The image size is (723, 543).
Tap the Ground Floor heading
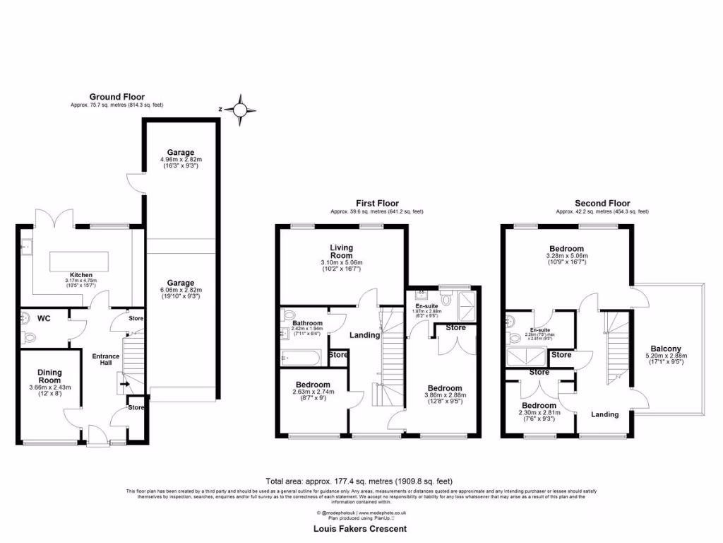(116, 97)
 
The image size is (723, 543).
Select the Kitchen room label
(81, 274)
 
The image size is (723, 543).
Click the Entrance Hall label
(105, 360)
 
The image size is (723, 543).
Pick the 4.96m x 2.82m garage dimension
(181, 160)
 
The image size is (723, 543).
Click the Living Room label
(341, 252)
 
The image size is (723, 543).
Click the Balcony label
(666, 349)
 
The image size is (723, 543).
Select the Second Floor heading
(602, 203)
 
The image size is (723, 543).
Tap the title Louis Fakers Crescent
(360, 528)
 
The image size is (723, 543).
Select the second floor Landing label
(604, 414)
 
